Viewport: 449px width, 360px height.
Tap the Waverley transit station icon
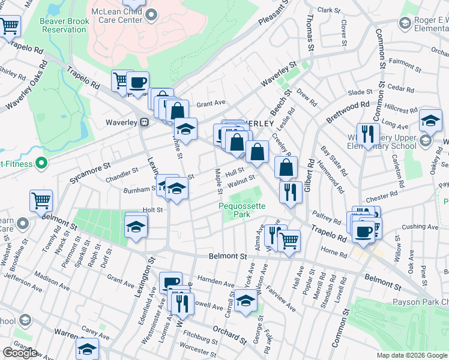(x=144, y=122)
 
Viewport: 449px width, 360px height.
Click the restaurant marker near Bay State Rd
(x=367, y=134)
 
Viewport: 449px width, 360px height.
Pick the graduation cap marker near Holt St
(x=136, y=227)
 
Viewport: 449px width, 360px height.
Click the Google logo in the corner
(x=19, y=353)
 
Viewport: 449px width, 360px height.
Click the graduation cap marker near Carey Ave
(x=87, y=348)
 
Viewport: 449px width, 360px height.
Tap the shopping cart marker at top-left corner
(x=10, y=26)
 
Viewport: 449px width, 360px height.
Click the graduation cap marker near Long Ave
(x=430, y=121)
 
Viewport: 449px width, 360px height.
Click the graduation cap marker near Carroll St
(x=245, y=302)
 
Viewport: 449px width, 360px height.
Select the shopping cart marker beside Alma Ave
(x=289, y=241)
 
